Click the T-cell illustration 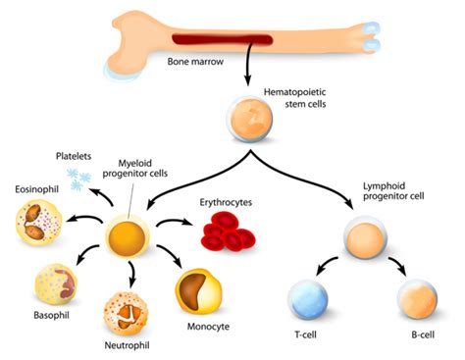click(310, 298)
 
